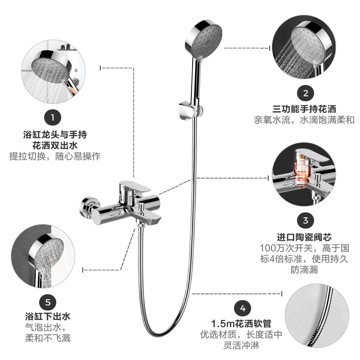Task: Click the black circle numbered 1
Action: (53, 118)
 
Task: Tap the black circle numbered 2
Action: (306, 93)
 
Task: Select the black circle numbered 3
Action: (306, 220)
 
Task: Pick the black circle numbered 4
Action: (243, 308)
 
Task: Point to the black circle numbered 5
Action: (48, 302)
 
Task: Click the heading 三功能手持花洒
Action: (305, 109)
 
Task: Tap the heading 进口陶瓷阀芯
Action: (304, 237)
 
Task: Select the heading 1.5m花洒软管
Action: (241, 324)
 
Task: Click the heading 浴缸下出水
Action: (48, 316)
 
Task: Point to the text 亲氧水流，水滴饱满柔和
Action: (304, 120)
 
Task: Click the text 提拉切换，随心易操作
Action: (55, 156)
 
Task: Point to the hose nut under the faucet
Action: (140, 224)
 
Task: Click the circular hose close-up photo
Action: (317, 315)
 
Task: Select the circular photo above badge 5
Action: (43, 256)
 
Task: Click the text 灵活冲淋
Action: (241, 345)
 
